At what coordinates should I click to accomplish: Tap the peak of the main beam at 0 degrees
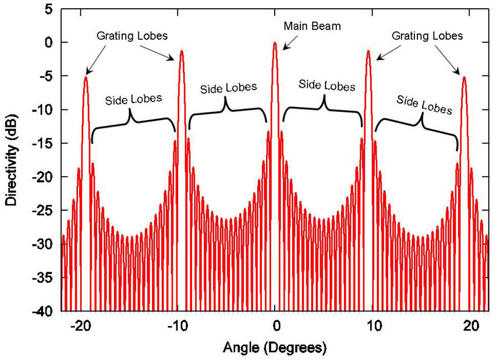[x=275, y=43]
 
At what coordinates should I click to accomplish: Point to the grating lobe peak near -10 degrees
[x=181, y=51]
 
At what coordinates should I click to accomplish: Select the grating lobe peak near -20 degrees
[x=85, y=77]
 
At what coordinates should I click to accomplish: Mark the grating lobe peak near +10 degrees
[x=368, y=51]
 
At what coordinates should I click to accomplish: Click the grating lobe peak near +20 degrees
[x=464, y=77]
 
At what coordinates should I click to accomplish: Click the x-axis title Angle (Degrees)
[x=275, y=347]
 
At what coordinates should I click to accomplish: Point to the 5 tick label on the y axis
[x=48, y=9]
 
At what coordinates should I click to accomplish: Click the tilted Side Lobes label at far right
[x=424, y=105]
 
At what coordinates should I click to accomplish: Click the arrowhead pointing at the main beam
[x=283, y=48]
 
